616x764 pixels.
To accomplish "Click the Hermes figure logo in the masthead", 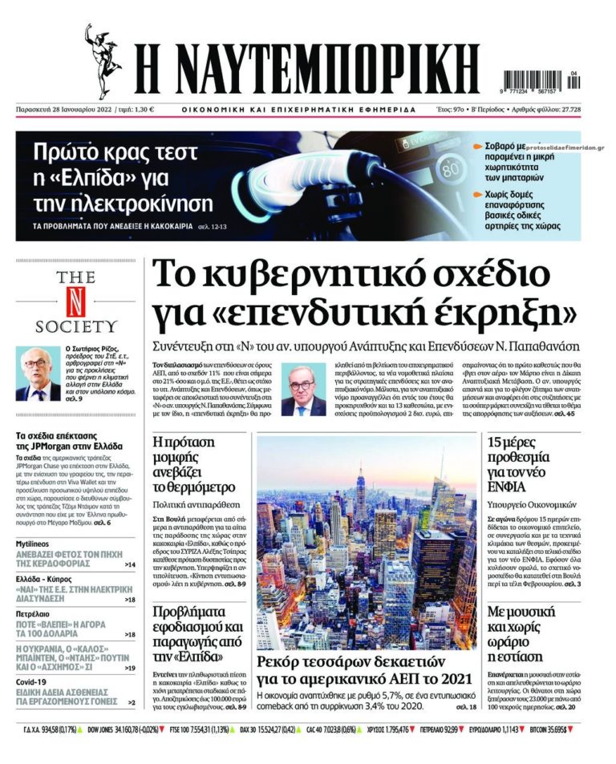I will (103, 61).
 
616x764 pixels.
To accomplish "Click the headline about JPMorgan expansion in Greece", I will (68, 442).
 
